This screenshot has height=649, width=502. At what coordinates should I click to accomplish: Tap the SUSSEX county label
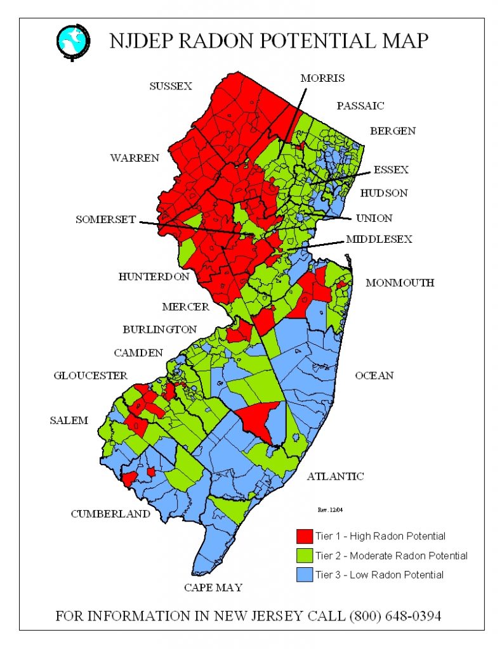171,86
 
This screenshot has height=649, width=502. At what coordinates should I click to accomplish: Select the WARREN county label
135,158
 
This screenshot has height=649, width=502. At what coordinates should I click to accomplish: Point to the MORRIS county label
322,78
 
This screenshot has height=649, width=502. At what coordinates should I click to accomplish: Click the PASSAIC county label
360,105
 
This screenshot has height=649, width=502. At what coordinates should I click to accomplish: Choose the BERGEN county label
393,131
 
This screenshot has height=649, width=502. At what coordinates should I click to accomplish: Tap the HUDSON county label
384,193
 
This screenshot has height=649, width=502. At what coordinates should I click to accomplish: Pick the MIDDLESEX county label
379,239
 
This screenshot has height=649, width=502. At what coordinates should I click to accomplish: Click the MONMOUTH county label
400,283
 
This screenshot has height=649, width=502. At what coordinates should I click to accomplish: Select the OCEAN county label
374,375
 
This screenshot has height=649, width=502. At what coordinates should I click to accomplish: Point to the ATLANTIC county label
335,476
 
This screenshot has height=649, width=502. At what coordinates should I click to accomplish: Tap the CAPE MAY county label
213,588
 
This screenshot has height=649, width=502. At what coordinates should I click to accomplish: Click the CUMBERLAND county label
110,513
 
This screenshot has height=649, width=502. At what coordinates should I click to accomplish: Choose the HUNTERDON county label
154,276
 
